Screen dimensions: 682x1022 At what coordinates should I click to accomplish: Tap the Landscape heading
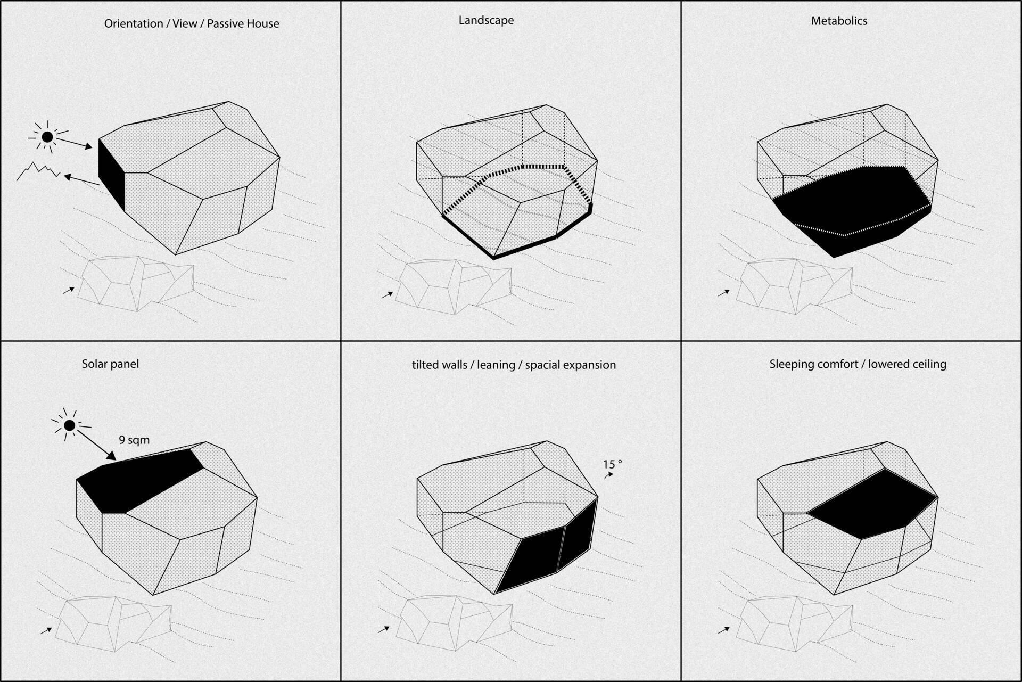pos(486,21)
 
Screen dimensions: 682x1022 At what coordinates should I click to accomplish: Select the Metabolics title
pos(839,21)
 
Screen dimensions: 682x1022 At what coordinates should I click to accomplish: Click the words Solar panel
pos(110,364)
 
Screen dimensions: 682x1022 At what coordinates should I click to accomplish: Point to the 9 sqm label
pos(134,440)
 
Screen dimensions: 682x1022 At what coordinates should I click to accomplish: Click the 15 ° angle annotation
pos(612,464)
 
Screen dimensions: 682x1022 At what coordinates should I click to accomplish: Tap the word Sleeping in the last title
pos(791,365)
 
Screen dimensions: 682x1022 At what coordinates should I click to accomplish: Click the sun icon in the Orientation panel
pos(47,137)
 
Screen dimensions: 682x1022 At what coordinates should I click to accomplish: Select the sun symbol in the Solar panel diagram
pos(69,425)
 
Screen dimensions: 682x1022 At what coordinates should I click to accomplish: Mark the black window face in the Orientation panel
pos(112,175)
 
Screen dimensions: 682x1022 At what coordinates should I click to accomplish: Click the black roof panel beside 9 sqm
pos(138,482)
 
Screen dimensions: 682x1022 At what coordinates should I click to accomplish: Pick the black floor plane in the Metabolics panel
pos(852,208)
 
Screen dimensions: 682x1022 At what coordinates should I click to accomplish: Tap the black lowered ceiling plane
pos(873,503)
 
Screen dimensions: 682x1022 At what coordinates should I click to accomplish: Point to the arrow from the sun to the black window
pos(75,144)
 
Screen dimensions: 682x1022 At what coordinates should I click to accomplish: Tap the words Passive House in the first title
pos(243,24)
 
